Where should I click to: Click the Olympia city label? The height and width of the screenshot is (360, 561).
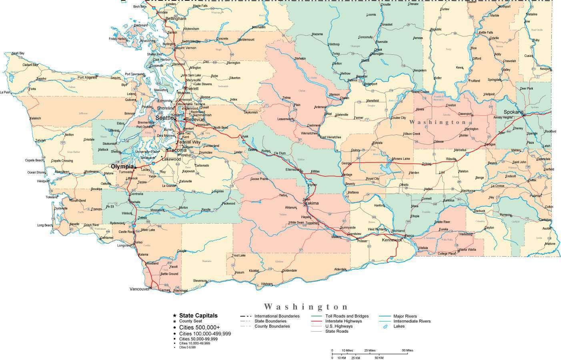(122, 166)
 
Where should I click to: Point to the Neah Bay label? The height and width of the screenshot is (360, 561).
(18, 53)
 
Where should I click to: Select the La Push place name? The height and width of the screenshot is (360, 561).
(5, 92)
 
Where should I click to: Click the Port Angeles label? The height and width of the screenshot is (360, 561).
(87, 78)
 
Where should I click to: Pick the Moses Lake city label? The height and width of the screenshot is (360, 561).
(401, 159)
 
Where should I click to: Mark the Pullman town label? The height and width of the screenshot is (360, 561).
(535, 196)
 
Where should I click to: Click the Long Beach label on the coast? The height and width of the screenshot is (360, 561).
(45, 225)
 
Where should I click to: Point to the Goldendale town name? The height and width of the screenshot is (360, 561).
(289, 270)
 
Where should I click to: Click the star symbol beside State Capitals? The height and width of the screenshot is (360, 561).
(174, 316)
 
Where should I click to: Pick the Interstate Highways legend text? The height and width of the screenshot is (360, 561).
(343, 321)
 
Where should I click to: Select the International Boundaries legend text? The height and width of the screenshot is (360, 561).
(276, 316)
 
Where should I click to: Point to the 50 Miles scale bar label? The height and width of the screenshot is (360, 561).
(407, 350)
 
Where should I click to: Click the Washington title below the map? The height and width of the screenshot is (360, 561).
(306, 307)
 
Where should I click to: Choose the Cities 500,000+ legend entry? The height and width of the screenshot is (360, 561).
(199, 327)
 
